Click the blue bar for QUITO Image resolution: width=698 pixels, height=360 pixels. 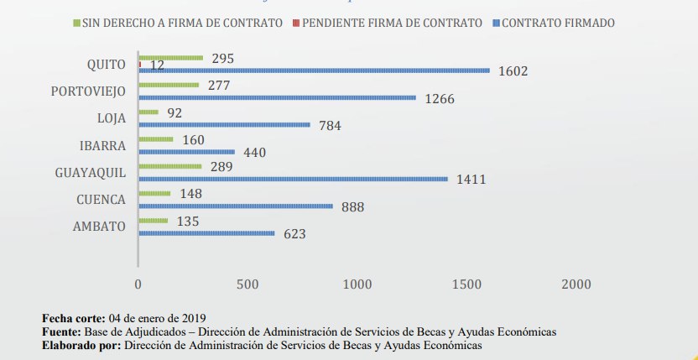tap(313, 70)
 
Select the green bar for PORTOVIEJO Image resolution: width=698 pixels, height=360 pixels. tap(168, 85)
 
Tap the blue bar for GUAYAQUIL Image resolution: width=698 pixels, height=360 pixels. tap(292, 179)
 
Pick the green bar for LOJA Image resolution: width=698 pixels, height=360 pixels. tap(148, 112)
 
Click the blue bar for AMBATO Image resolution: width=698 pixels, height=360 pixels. tap(206, 233)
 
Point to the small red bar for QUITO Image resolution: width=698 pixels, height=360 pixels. tap(138, 64)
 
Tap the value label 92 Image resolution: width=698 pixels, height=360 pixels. tap(174, 112)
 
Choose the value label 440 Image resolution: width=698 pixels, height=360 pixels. tap(256, 153)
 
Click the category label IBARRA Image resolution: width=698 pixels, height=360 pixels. tap(104, 145)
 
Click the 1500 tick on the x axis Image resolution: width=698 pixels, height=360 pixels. tap(466, 284)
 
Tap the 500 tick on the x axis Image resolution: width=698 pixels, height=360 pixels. tap(247, 284)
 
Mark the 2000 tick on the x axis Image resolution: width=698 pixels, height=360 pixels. tap(576, 284)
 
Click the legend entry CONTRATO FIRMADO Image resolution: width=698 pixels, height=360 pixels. tap(558, 23)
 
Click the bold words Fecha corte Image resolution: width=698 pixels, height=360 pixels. tap(72, 318)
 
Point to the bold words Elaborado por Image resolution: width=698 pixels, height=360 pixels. tap(81, 344)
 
